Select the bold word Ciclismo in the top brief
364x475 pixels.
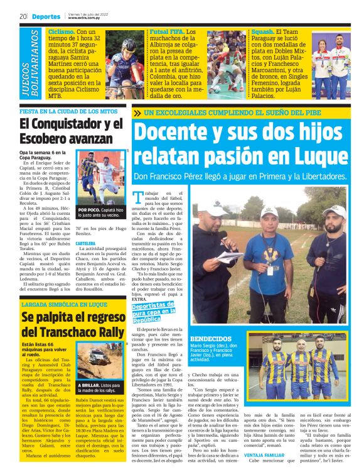pyautogui.click(x=61, y=31)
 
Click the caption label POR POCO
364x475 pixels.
pyautogui.click(x=88, y=209)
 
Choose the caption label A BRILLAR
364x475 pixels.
pyautogui.click(x=88, y=385)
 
